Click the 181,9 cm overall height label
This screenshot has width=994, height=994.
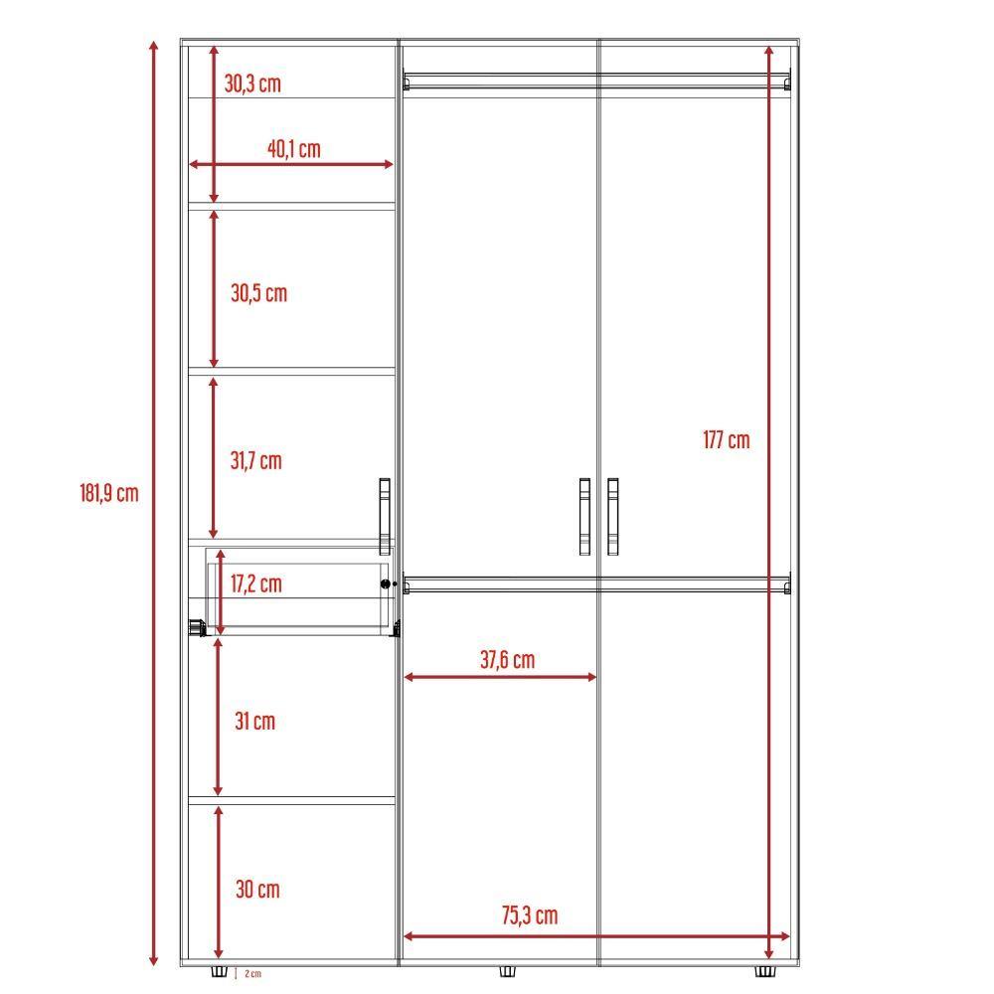(109, 492)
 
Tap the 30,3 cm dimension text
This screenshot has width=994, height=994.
(252, 83)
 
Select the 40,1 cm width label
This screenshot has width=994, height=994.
(293, 149)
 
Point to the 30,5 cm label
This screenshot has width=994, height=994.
(258, 293)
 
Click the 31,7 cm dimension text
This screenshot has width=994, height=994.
(255, 460)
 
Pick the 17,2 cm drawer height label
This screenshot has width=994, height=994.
(255, 583)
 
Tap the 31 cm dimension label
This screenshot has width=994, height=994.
(254, 721)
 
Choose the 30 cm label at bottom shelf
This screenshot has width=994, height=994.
(257, 889)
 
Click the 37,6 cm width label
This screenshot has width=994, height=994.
(507, 659)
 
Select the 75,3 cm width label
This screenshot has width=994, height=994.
(529, 915)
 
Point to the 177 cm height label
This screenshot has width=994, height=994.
(727, 439)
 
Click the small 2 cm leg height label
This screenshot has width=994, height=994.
(252, 974)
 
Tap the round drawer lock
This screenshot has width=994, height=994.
(386, 584)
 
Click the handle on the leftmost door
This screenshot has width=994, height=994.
(385, 515)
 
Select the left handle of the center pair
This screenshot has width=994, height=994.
(584, 515)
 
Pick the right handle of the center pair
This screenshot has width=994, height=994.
(612, 515)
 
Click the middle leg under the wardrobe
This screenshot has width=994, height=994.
(506, 971)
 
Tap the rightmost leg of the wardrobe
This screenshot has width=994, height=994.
(764, 971)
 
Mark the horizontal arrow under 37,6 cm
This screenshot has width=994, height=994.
(500, 677)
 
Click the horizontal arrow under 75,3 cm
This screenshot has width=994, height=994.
(596, 935)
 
